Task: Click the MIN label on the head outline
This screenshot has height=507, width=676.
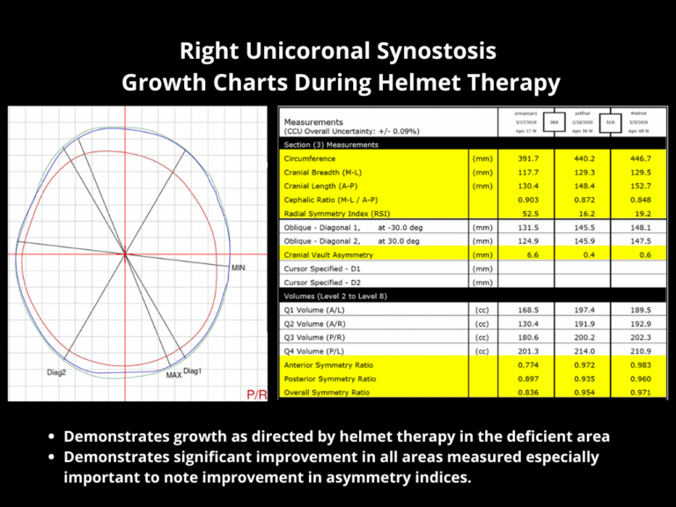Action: [238, 267]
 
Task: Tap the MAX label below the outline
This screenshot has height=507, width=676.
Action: [174, 376]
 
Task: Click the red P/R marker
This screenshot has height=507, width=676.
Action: [257, 394]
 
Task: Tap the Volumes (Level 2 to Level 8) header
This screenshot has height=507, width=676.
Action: [340, 296]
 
